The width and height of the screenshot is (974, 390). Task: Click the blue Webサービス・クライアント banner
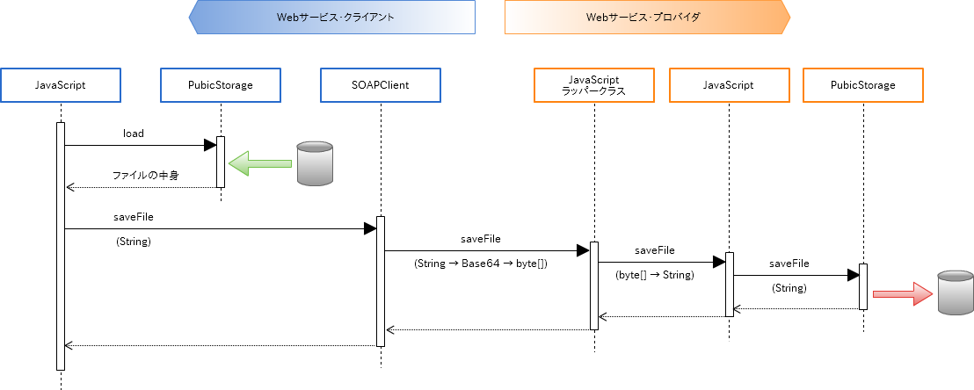332,17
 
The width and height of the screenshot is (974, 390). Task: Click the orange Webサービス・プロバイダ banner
647,17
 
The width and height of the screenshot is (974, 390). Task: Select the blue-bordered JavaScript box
60,85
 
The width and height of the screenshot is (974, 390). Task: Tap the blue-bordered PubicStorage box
220,85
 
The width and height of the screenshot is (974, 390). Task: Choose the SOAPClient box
380,85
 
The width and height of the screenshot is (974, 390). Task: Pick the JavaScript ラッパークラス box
594,85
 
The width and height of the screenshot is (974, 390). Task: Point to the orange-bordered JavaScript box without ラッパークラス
729,85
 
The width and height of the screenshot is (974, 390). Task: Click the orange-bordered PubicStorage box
862,85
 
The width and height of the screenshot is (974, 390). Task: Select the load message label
134,134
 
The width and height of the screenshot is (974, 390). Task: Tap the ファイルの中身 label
146,176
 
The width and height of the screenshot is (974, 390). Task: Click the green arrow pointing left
260,162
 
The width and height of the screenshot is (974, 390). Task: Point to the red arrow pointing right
902,293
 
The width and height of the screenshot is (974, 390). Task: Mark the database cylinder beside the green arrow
315,162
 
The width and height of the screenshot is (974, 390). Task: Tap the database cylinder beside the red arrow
955,292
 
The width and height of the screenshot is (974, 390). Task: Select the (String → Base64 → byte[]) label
481,264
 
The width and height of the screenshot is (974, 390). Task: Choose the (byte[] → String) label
656,275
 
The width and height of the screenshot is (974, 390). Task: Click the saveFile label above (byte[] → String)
656,250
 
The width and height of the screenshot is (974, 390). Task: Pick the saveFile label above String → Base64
481,238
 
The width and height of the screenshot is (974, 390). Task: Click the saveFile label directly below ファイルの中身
134,216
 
